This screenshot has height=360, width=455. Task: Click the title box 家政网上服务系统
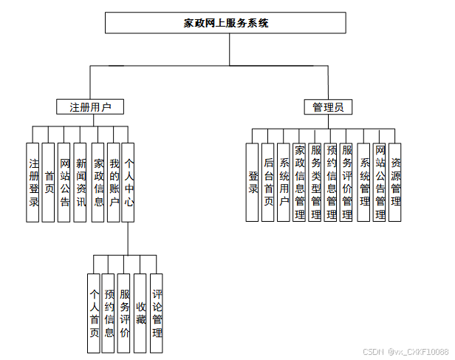click(x=225, y=23)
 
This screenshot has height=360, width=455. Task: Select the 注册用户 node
click(x=90, y=106)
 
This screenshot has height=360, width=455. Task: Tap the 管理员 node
click(x=328, y=107)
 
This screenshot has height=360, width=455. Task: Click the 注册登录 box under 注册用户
click(x=33, y=182)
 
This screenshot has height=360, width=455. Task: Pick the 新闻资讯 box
click(x=81, y=182)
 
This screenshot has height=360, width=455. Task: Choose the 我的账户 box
click(x=114, y=182)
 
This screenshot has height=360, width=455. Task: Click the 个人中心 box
click(x=129, y=182)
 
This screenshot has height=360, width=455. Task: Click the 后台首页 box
click(x=268, y=182)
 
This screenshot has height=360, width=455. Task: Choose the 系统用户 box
click(x=284, y=182)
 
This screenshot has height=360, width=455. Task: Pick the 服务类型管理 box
click(x=315, y=182)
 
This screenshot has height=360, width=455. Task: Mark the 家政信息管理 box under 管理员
click(x=299, y=182)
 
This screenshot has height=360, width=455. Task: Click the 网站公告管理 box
click(x=380, y=182)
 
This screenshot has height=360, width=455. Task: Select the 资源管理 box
click(x=396, y=182)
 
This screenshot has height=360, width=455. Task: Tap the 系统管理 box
click(x=364, y=182)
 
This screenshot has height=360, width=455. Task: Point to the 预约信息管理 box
click(x=331, y=182)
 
